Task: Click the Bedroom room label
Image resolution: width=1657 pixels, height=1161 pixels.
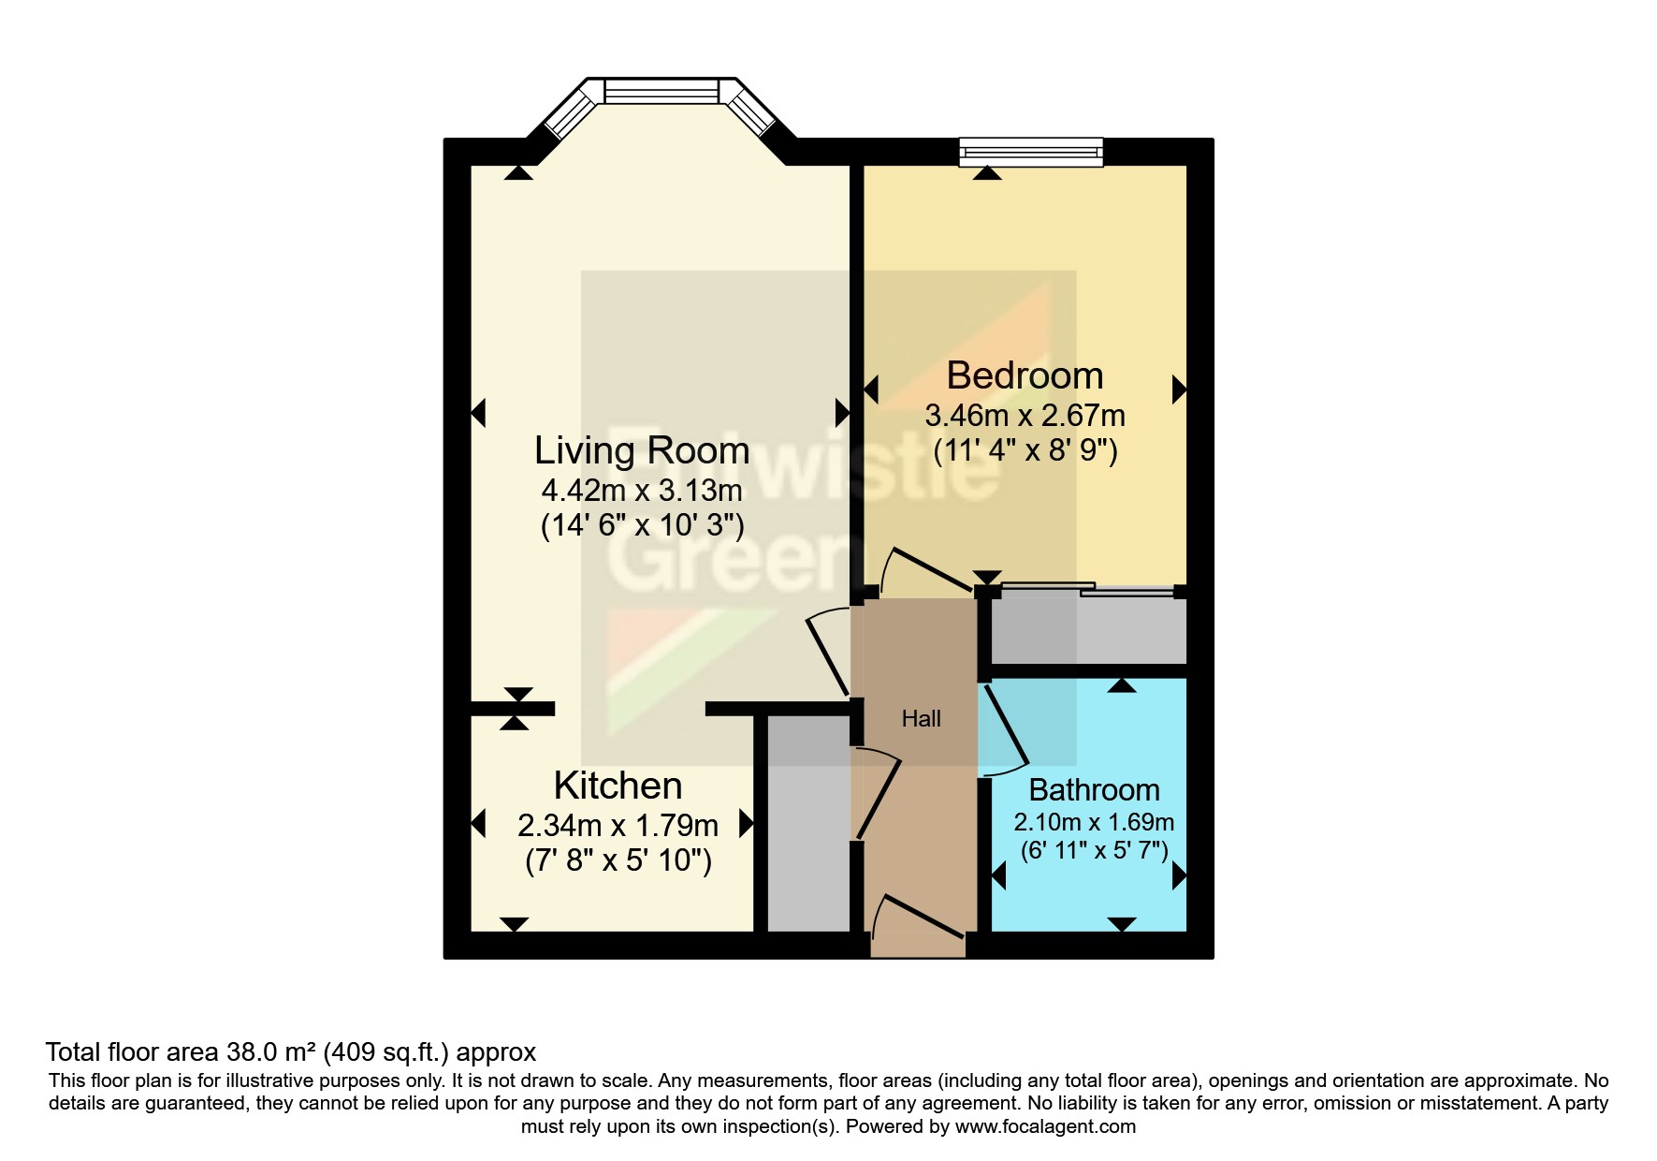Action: (x=1025, y=375)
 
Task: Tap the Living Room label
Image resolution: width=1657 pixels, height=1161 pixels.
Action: (x=642, y=450)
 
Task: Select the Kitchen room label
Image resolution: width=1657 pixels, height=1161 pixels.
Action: (x=618, y=786)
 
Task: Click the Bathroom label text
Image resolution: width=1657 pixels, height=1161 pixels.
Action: (x=1094, y=790)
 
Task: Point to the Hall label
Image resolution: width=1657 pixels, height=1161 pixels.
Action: (x=921, y=719)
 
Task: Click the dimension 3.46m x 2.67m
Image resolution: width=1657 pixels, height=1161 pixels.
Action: (x=1025, y=416)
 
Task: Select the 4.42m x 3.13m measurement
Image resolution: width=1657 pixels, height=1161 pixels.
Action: (x=642, y=491)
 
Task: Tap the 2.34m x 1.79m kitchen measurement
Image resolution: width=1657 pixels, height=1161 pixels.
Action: (x=618, y=826)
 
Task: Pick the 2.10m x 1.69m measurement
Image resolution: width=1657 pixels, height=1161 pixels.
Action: (x=1094, y=822)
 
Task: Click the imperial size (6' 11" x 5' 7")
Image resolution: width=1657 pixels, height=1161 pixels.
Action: (x=1094, y=851)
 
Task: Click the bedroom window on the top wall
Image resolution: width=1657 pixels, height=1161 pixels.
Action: (x=1031, y=152)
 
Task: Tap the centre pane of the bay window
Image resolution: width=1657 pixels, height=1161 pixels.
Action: (x=661, y=92)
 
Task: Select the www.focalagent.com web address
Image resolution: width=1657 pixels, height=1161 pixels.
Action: (x=1044, y=1126)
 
